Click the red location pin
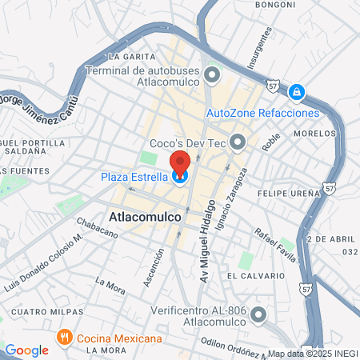(181, 164)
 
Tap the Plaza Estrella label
(134, 177)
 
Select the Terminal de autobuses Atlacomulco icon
(212, 76)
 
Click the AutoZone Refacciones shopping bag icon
(297, 93)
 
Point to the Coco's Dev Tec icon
(238, 142)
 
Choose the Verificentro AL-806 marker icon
(258, 314)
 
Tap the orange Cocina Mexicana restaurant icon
(65, 338)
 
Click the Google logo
(26, 350)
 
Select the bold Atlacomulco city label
(144, 217)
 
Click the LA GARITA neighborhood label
(128, 57)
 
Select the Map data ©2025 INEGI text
(312, 353)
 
